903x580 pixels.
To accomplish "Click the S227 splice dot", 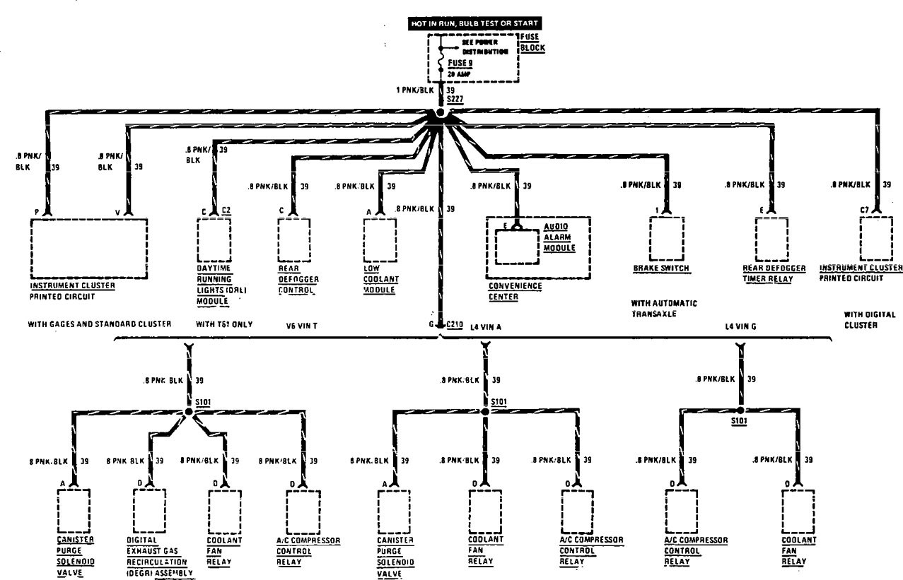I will click(x=440, y=113).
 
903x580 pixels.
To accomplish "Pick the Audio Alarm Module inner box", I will click(x=516, y=246).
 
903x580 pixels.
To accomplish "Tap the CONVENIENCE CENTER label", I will click(x=514, y=290).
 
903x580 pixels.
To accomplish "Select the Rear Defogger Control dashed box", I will click(x=293, y=239).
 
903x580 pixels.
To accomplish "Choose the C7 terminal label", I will click(x=865, y=211).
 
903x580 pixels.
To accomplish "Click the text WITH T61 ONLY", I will click(x=224, y=324).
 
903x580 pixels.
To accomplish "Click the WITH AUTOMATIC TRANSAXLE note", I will click(x=664, y=308).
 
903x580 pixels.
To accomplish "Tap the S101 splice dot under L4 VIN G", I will click(x=740, y=410).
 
